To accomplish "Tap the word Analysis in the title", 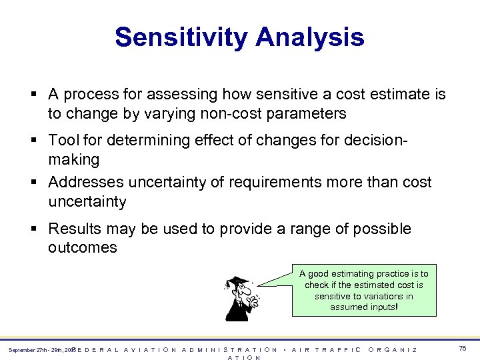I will pos(313,37).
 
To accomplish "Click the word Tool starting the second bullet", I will pos(63,141).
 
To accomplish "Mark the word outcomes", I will pos(83,247).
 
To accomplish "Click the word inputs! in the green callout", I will pos(383,307).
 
